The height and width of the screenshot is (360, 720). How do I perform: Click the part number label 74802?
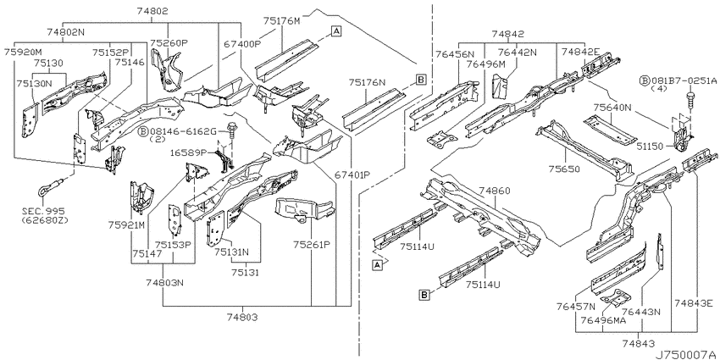[x=152, y=11]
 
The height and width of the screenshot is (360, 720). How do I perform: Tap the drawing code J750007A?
[x=686, y=354]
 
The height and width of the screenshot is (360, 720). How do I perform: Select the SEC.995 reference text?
[x=43, y=211]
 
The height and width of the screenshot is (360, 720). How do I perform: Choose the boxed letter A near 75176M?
[x=336, y=30]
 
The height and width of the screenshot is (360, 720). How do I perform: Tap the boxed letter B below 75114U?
[x=425, y=295]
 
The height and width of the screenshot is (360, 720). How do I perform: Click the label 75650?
[x=564, y=169]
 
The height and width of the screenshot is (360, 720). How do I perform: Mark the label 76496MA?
[x=603, y=321]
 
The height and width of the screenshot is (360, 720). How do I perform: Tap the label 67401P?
[x=352, y=175]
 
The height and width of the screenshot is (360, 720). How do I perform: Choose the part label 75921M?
[x=126, y=225]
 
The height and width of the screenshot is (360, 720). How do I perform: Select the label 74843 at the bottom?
[x=639, y=343]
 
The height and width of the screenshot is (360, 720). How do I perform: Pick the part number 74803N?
[x=165, y=283]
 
